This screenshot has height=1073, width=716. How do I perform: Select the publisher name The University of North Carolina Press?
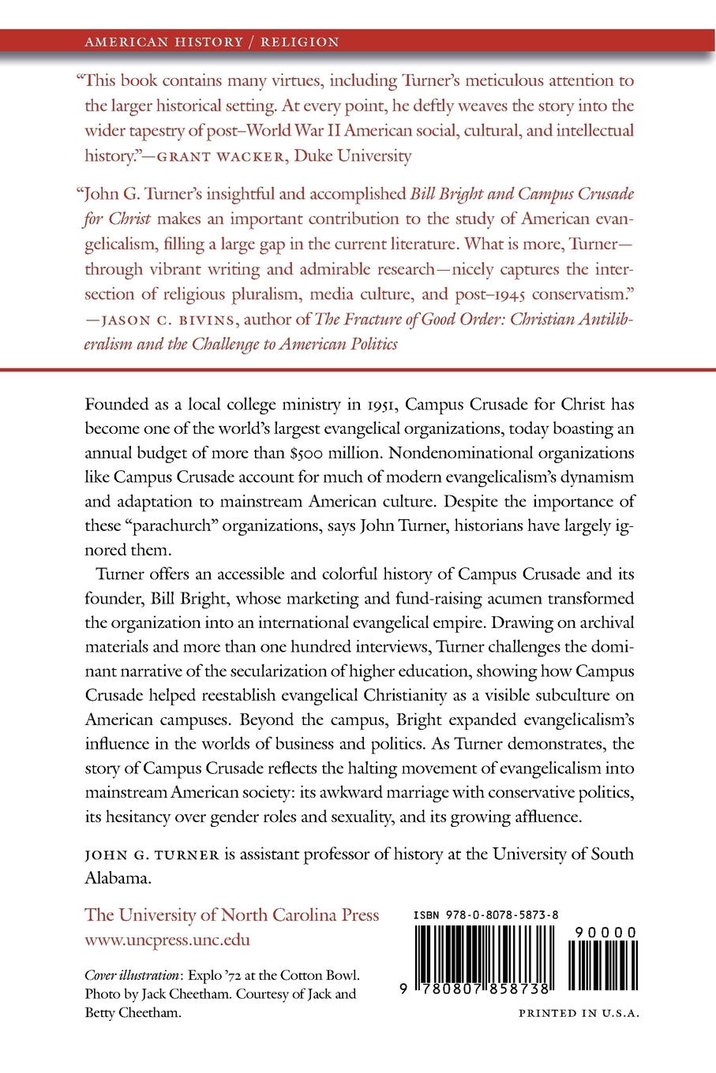click(x=231, y=915)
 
